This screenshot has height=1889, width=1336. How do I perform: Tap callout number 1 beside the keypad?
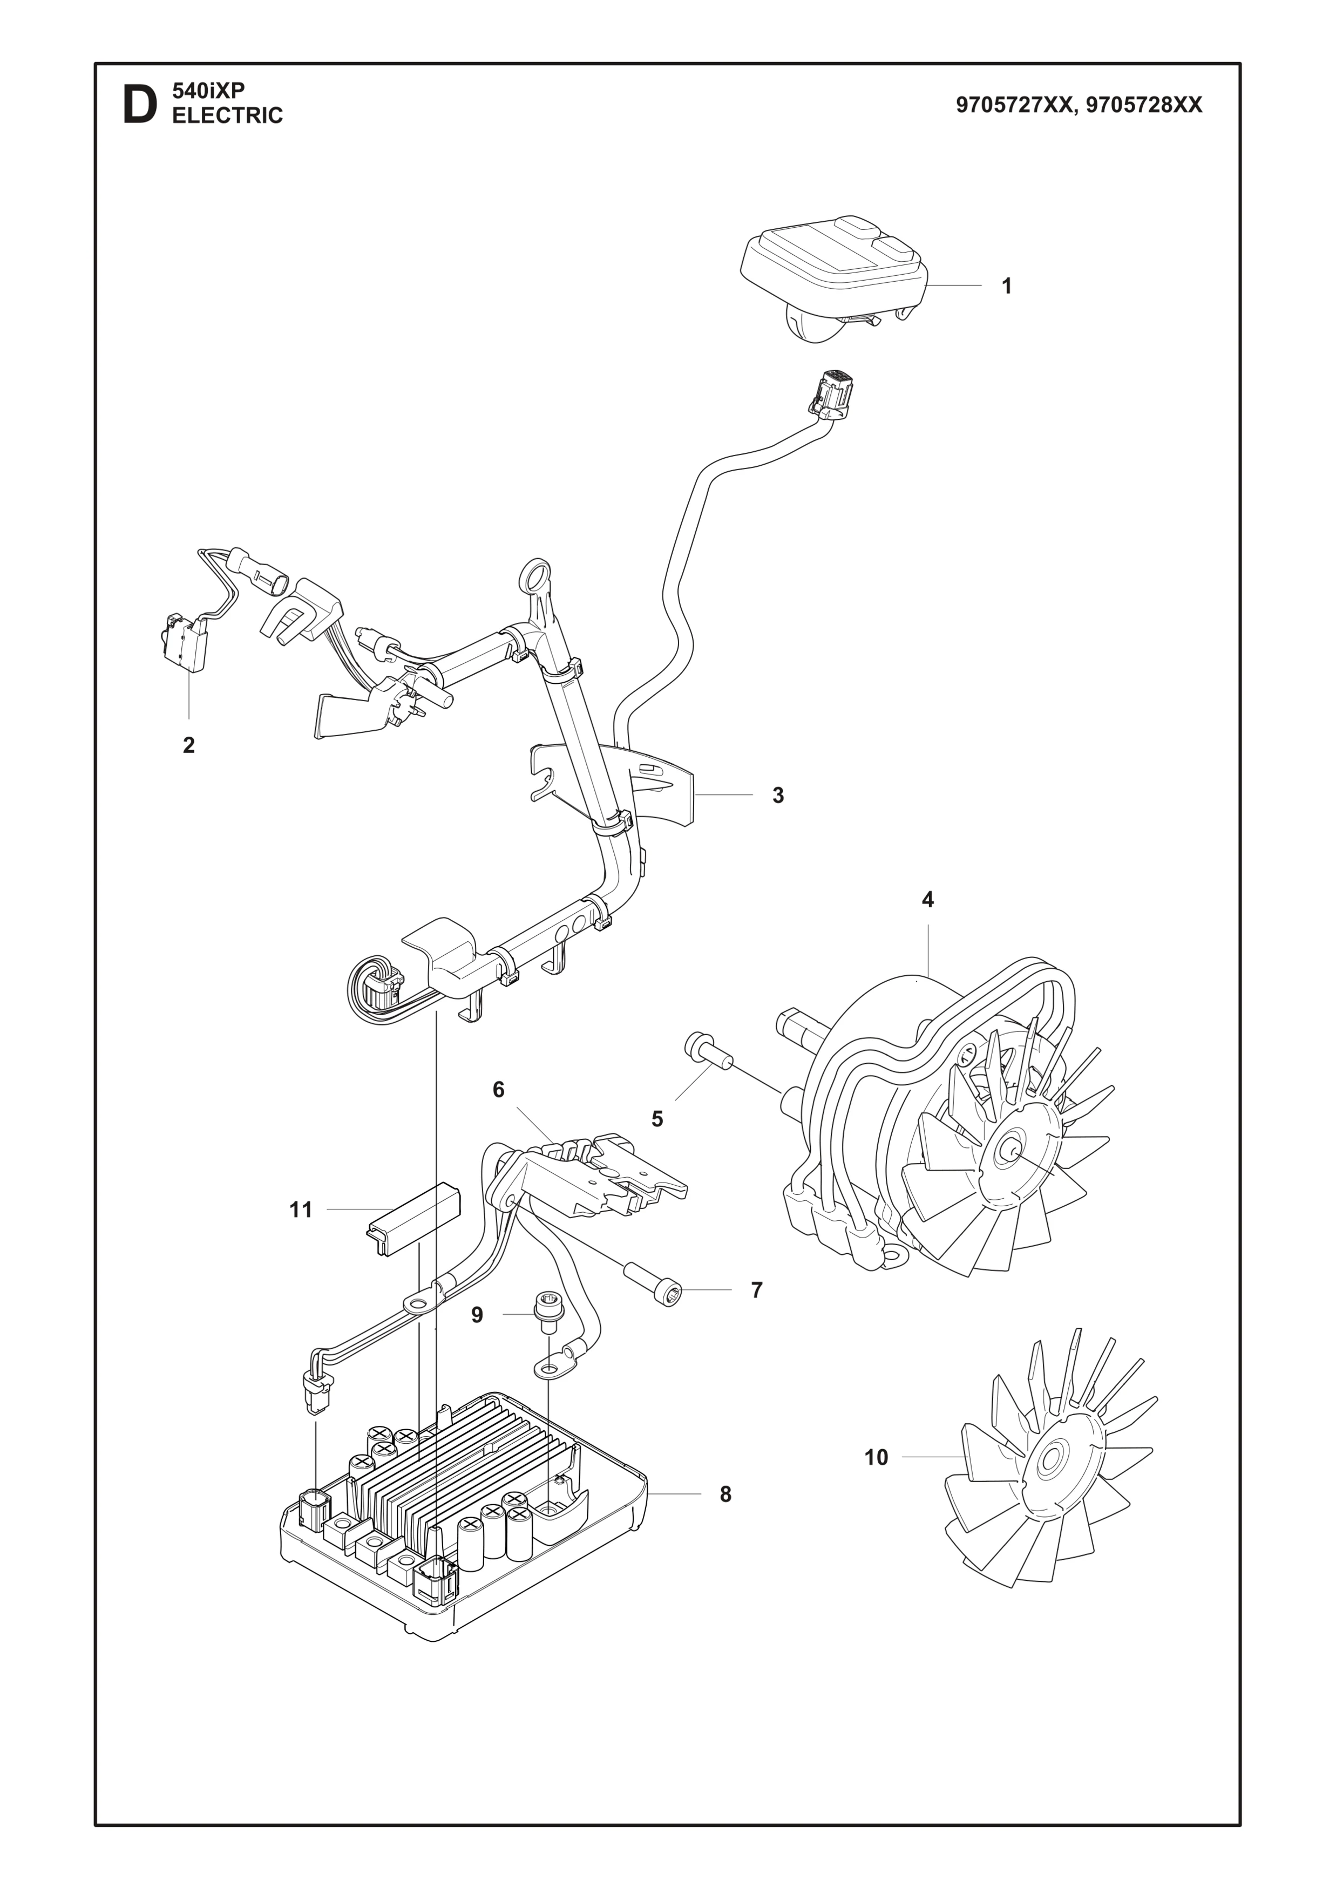point(1006,286)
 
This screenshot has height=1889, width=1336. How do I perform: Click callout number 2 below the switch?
point(189,745)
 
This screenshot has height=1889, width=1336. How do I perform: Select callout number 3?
point(777,796)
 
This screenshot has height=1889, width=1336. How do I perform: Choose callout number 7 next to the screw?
point(757,1290)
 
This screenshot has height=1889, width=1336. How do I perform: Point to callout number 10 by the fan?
point(876,1457)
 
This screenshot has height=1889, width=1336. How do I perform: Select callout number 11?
point(301,1209)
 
